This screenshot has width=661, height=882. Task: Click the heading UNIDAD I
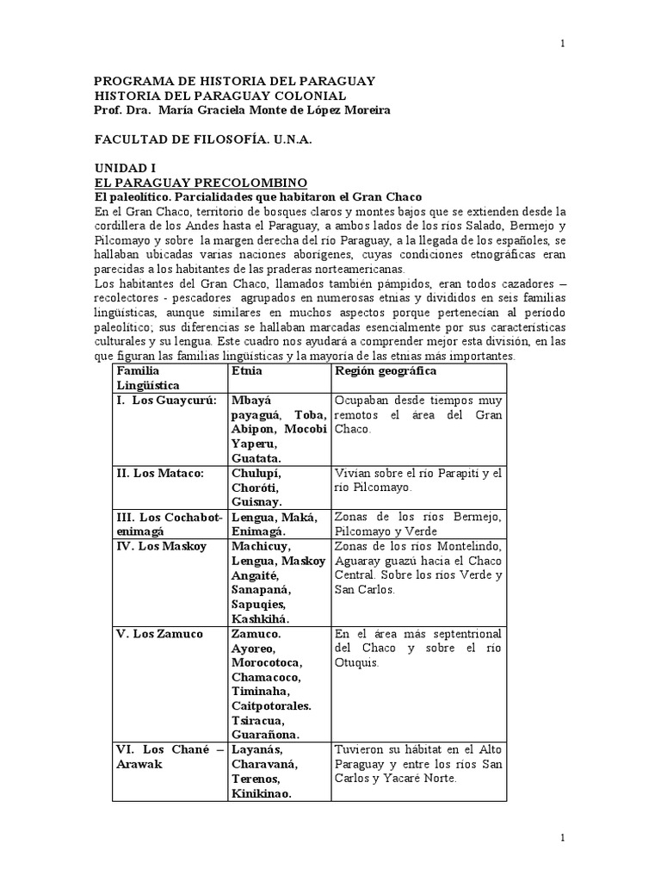point(125,169)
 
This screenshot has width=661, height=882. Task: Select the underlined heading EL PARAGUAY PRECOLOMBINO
point(201,183)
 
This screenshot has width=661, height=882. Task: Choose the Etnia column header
point(247,370)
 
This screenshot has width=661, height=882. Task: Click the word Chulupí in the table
point(256,473)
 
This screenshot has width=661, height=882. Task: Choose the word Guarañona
point(266,735)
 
